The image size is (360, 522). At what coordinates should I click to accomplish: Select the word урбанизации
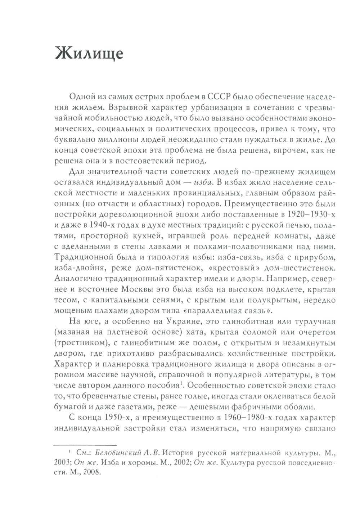(194, 107)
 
